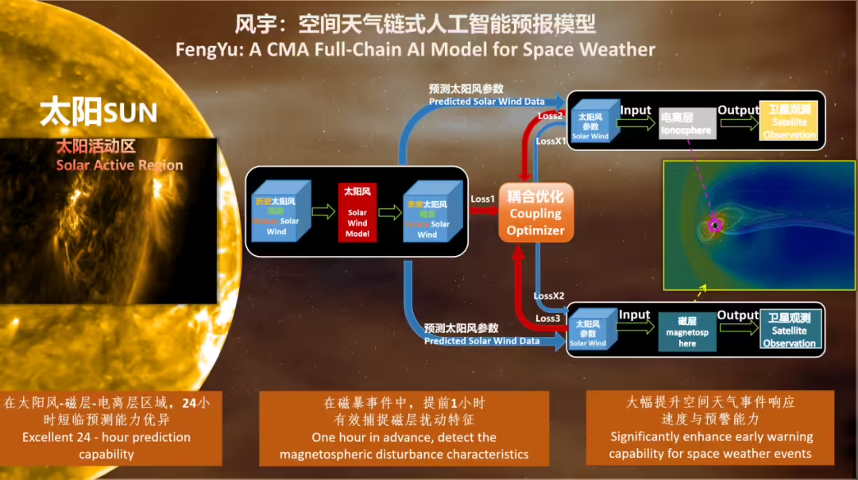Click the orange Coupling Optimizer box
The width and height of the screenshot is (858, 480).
pyautogui.click(x=535, y=213)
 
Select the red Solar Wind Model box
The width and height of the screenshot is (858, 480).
pyautogui.click(x=357, y=211)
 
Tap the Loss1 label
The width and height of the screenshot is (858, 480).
pyautogui.click(x=482, y=198)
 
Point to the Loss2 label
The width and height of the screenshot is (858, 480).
pyautogui.click(x=550, y=115)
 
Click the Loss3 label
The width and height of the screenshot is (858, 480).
pyautogui.click(x=548, y=318)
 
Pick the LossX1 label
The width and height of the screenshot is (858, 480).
pyautogui.click(x=551, y=141)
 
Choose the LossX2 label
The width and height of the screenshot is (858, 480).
pyautogui.click(x=549, y=296)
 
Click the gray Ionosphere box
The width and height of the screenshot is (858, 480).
pyautogui.click(x=687, y=124)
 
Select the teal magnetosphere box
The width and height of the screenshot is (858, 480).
pyautogui.click(x=687, y=331)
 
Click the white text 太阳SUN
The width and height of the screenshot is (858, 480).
pyautogui.click(x=99, y=112)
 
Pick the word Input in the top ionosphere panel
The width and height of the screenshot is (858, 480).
pyautogui.click(x=636, y=110)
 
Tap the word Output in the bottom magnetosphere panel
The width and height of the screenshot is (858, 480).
pyautogui.click(x=737, y=315)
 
